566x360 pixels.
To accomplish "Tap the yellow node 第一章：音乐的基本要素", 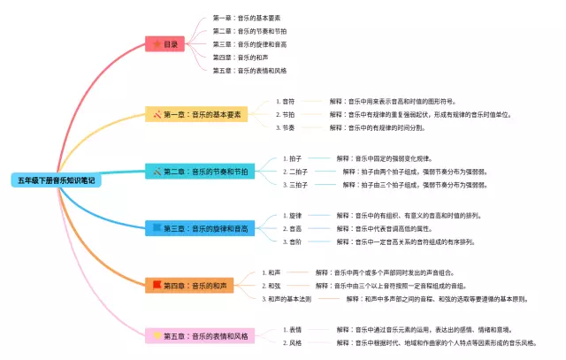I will tap(196, 114).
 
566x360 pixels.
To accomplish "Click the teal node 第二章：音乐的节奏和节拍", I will tap(200, 171).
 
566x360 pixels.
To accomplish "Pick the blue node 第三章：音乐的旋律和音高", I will tap(200, 228).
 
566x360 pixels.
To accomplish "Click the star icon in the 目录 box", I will tap(157, 43).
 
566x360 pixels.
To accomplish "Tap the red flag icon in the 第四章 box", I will tap(157, 285).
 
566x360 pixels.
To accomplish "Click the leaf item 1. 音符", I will tap(287, 101).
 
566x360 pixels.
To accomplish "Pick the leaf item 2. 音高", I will tap(293, 228).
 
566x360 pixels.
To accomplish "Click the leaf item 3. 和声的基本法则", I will tap(287, 299).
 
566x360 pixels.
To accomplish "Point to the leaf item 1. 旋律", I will tap(293, 215).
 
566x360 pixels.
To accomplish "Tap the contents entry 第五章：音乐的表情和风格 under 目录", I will tap(249, 70).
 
